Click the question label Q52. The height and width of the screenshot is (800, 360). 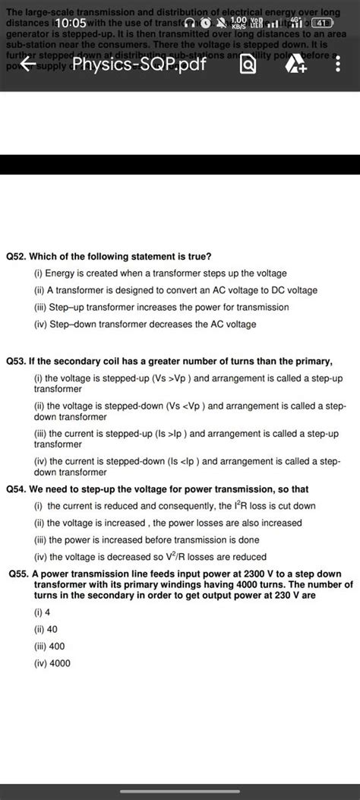[x=16, y=257]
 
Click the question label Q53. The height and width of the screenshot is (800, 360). [x=16, y=359]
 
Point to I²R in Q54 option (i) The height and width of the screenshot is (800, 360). [x=241, y=505]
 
